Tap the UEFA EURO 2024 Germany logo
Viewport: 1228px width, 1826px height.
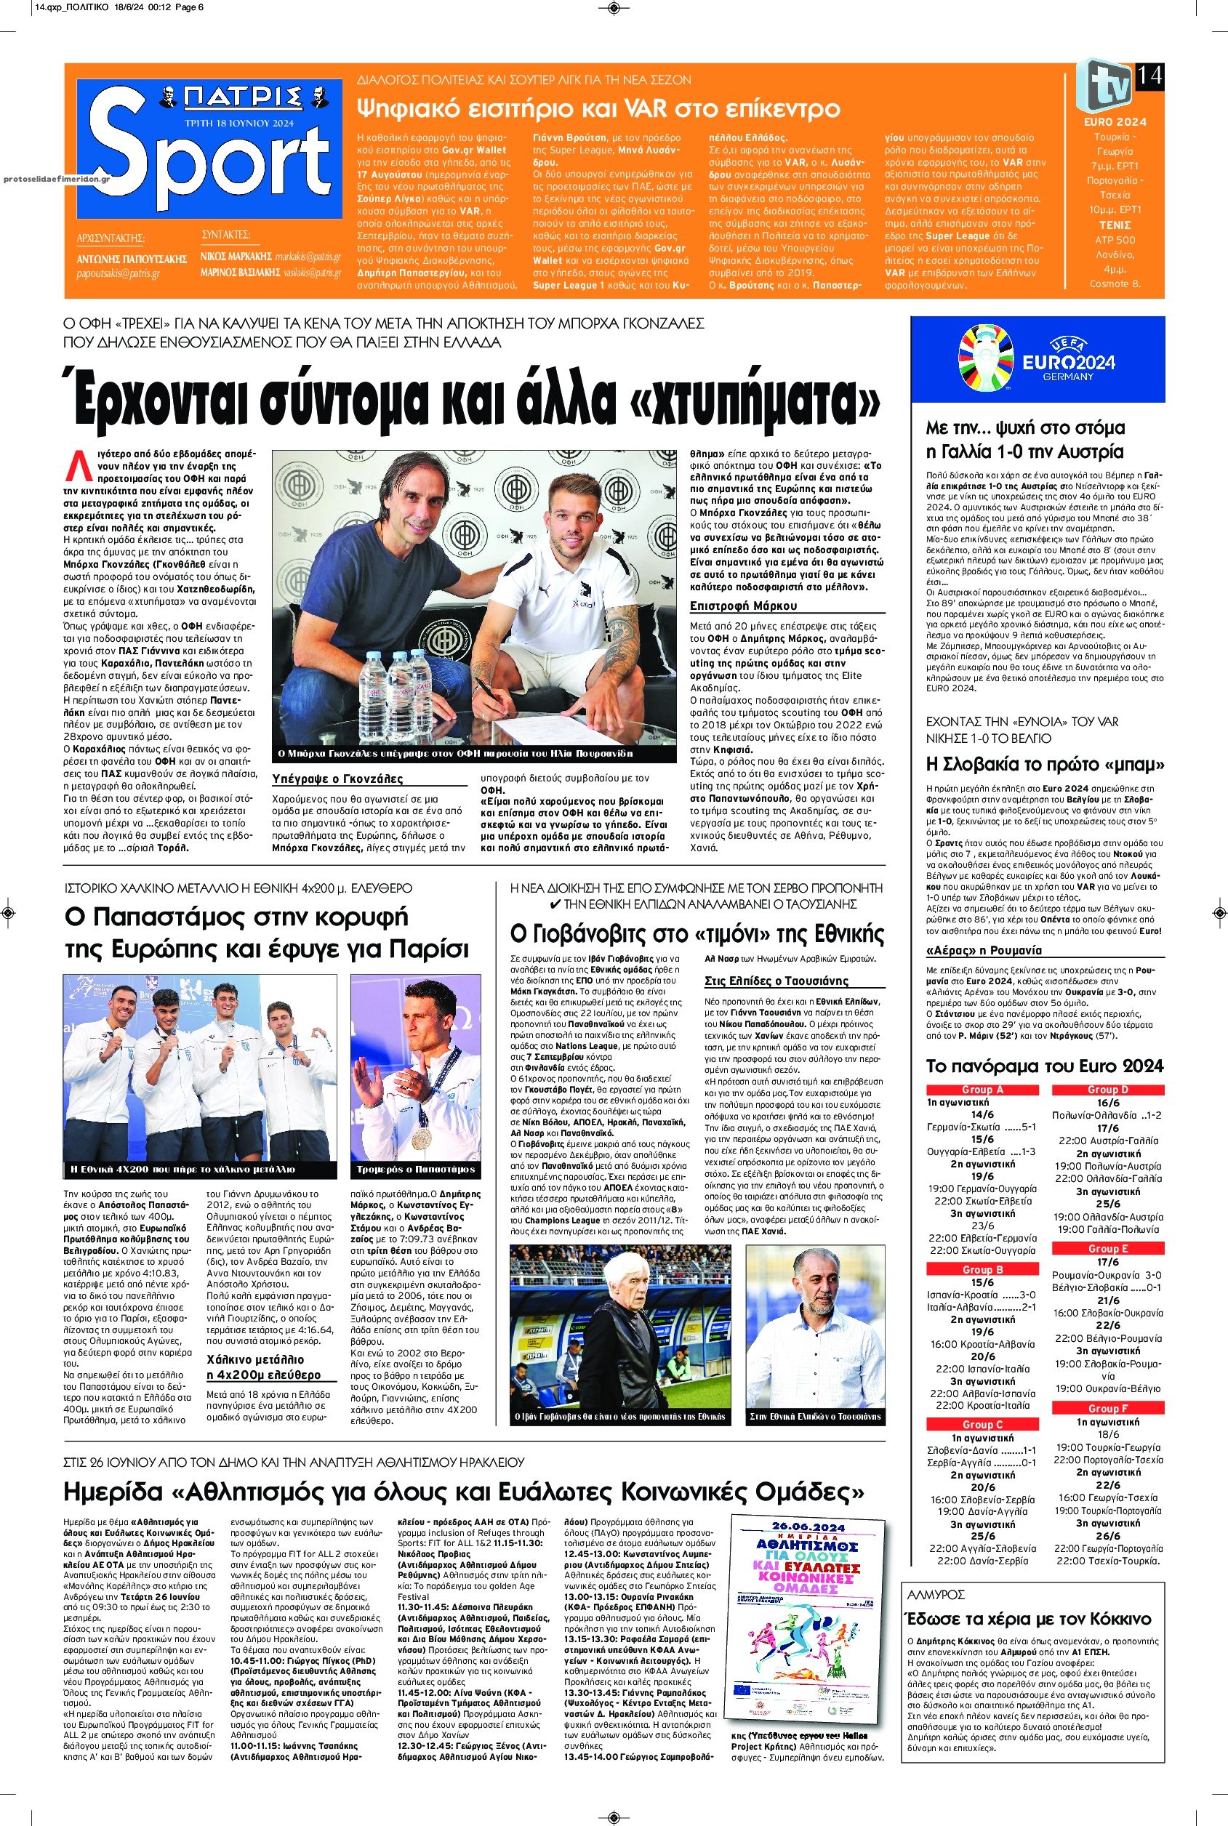(x=1038, y=356)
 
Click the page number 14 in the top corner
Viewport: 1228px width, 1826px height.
(x=1149, y=76)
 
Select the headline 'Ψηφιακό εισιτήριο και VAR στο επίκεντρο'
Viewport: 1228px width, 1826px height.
(x=598, y=108)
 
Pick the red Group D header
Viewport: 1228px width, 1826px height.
(x=1107, y=1090)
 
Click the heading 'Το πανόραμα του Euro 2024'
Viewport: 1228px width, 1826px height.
(x=1045, y=1066)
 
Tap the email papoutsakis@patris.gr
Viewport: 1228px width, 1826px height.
(x=118, y=274)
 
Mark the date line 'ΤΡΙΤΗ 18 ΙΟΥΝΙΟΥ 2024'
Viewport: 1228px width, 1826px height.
(x=240, y=123)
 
